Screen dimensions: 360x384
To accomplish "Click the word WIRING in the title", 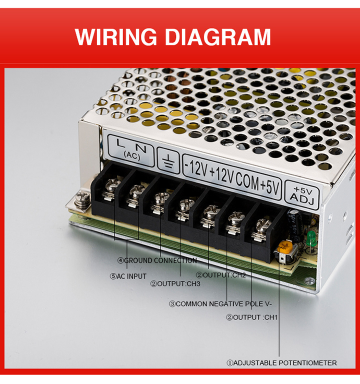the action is coord(116,36).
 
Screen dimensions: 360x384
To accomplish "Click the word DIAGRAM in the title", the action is coord(218,36).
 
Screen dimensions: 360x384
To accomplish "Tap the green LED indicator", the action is coord(311,238).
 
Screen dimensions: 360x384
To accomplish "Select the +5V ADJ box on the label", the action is coord(302,195).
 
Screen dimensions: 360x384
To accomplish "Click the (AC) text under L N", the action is coord(132,156).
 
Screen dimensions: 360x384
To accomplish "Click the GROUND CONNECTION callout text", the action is coord(157,260).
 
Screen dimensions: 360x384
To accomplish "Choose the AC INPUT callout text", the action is coord(128,276).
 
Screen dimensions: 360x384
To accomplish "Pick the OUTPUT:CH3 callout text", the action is coord(175,284).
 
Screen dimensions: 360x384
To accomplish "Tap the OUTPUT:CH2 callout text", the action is coord(221,275).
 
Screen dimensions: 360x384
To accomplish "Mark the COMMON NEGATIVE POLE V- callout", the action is coord(220,304).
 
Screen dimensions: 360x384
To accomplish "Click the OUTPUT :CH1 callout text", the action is coord(252,317).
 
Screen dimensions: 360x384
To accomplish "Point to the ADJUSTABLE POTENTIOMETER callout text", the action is coord(281,363).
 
